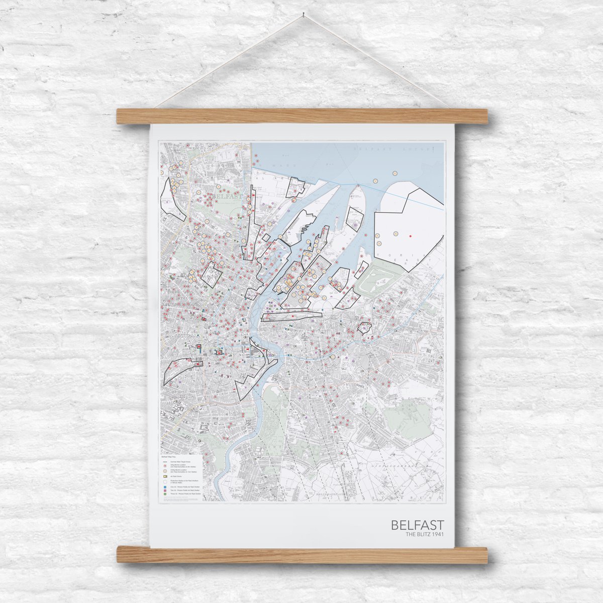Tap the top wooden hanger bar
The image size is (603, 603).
(x=302, y=116)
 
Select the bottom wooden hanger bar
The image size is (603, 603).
(x=302, y=555)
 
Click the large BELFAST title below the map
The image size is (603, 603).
(x=417, y=525)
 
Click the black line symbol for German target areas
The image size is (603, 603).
(x=165, y=461)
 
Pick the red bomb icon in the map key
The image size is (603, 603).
(x=165, y=466)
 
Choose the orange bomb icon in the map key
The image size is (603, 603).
(x=165, y=471)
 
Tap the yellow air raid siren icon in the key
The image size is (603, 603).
(x=165, y=476)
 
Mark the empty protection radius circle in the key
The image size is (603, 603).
(x=165, y=481)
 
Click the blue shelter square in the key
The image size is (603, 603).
(x=165, y=487)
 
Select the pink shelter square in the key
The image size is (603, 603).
(x=165, y=491)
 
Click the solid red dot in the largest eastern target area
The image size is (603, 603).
(x=411, y=235)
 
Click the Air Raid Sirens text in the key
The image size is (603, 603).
(x=175, y=476)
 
